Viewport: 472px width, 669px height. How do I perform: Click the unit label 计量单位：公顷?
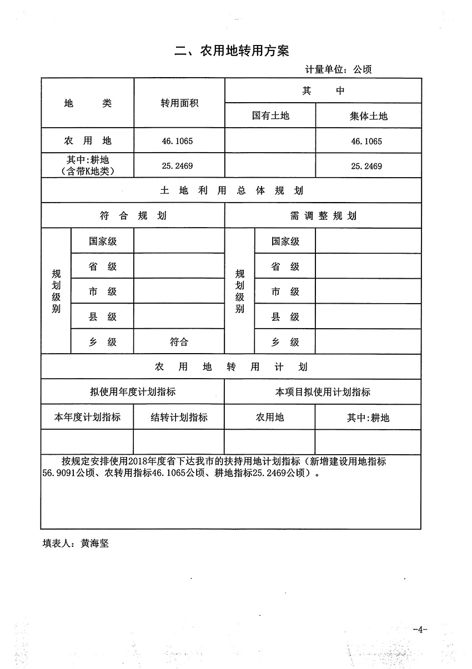[338, 69]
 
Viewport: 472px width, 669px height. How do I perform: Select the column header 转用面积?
[179, 103]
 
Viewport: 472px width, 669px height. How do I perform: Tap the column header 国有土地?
[270, 115]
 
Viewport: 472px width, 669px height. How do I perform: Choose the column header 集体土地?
[368, 115]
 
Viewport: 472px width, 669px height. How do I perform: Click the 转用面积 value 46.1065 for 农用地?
[179, 141]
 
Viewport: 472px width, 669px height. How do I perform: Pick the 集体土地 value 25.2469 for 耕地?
[366, 165]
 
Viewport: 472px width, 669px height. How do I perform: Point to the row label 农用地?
[88, 141]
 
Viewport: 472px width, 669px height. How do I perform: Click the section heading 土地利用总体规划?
[231, 190]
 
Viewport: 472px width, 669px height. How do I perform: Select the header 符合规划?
[133, 216]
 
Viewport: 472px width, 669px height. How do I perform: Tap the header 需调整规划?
[323, 216]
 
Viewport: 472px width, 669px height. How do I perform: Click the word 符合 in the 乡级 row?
[179, 342]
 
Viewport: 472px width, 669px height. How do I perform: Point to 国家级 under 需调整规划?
[285, 242]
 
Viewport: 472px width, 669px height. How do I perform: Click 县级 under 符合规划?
[103, 317]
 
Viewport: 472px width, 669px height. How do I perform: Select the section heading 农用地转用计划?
[231, 367]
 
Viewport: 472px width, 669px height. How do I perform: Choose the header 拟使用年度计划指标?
[133, 392]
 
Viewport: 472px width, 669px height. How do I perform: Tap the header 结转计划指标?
[179, 418]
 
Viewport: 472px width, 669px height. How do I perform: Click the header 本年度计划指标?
[87, 418]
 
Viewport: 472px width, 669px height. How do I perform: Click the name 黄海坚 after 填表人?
[94, 544]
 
